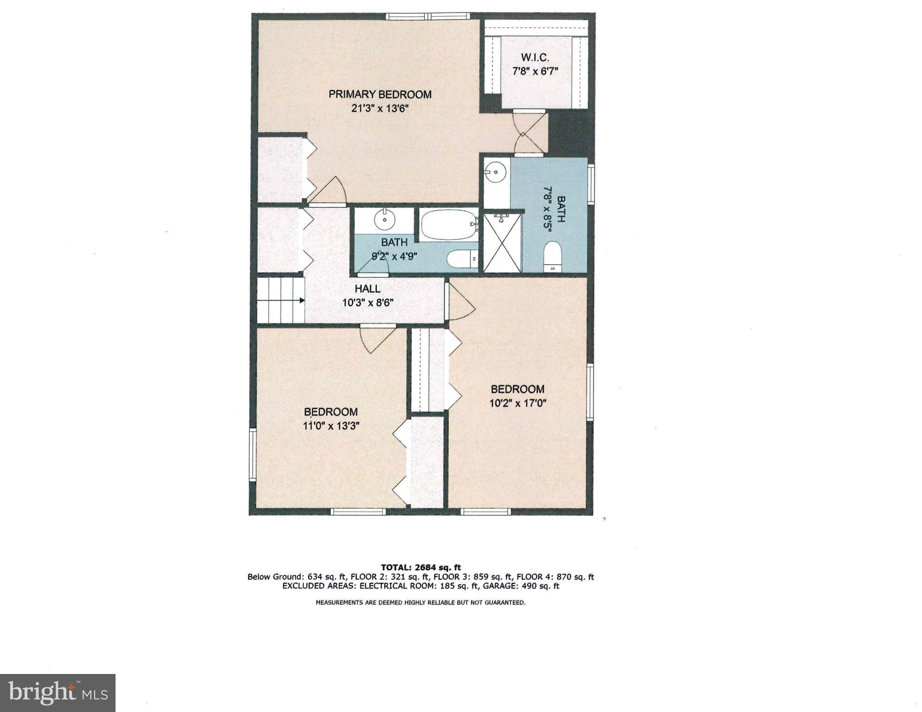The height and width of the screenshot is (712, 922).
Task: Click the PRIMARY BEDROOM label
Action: pyautogui.click(x=380, y=95)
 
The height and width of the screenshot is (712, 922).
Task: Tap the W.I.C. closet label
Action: pyautogui.click(x=535, y=58)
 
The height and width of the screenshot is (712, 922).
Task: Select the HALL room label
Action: pyautogui.click(x=368, y=289)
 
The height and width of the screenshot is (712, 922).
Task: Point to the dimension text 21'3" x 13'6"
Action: pyautogui.click(x=380, y=109)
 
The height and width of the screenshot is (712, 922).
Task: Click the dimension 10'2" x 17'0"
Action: pyautogui.click(x=517, y=403)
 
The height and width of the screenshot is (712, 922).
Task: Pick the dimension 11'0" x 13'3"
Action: pyautogui.click(x=331, y=426)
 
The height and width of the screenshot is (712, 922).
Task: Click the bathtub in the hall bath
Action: pyautogui.click(x=448, y=225)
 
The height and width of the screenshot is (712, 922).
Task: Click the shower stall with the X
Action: pyautogui.click(x=503, y=243)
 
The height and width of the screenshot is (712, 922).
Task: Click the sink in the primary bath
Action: pyautogui.click(x=496, y=172)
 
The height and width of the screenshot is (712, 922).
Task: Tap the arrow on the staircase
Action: pyautogui.click(x=301, y=300)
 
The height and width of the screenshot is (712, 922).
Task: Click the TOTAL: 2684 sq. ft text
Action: pyautogui.click(x=420, y=567)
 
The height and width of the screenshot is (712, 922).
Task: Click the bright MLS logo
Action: pyautogui.click(x=58, y=693)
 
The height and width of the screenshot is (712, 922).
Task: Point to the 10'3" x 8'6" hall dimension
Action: pyautogui.click(x=368, y=303)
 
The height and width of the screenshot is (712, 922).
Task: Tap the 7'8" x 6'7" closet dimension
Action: pyautogui.click(x=535, y=71)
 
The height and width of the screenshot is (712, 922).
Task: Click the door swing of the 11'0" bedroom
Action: pyautogui.click(x=377, y=339)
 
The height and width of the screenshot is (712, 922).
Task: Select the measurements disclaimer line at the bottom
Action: pyautogui.click(x=420, y=603)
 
